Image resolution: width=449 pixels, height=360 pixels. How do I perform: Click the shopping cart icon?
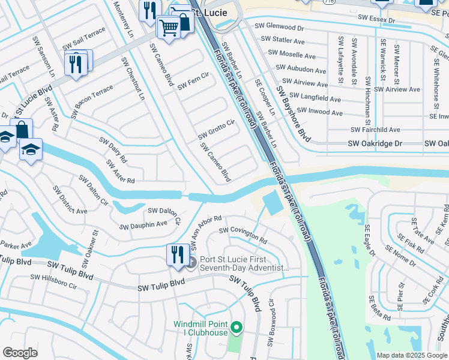pos(169,26)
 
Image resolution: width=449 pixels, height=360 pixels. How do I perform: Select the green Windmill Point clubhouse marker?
pos(237,328)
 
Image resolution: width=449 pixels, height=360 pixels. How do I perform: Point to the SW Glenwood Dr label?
pos(279,27)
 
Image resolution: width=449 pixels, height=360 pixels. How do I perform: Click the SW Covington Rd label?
pos(243,235)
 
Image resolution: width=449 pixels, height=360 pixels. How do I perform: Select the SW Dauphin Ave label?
pos(143,224)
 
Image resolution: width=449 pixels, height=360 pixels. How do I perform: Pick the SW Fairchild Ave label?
pos(375,130)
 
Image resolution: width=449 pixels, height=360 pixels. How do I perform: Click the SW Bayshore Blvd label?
pos(293,113)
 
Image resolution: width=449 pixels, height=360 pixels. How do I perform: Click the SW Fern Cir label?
pos(193,81)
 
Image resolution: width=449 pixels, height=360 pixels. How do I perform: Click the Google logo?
pos(20,353)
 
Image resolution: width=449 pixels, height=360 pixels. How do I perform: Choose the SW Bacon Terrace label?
pos(91,101)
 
